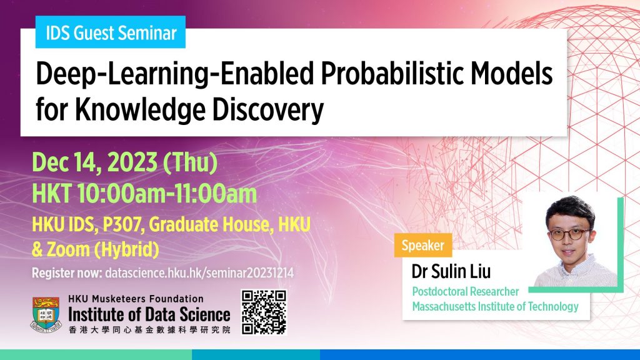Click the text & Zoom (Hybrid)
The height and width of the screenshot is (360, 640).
click(x=96, y=249)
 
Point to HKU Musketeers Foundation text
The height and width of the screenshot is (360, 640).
click(x=135, y=298)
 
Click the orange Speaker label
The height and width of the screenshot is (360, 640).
click(x=424, y=246)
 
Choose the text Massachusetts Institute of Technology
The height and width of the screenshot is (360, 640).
click(x=495, y=306)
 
